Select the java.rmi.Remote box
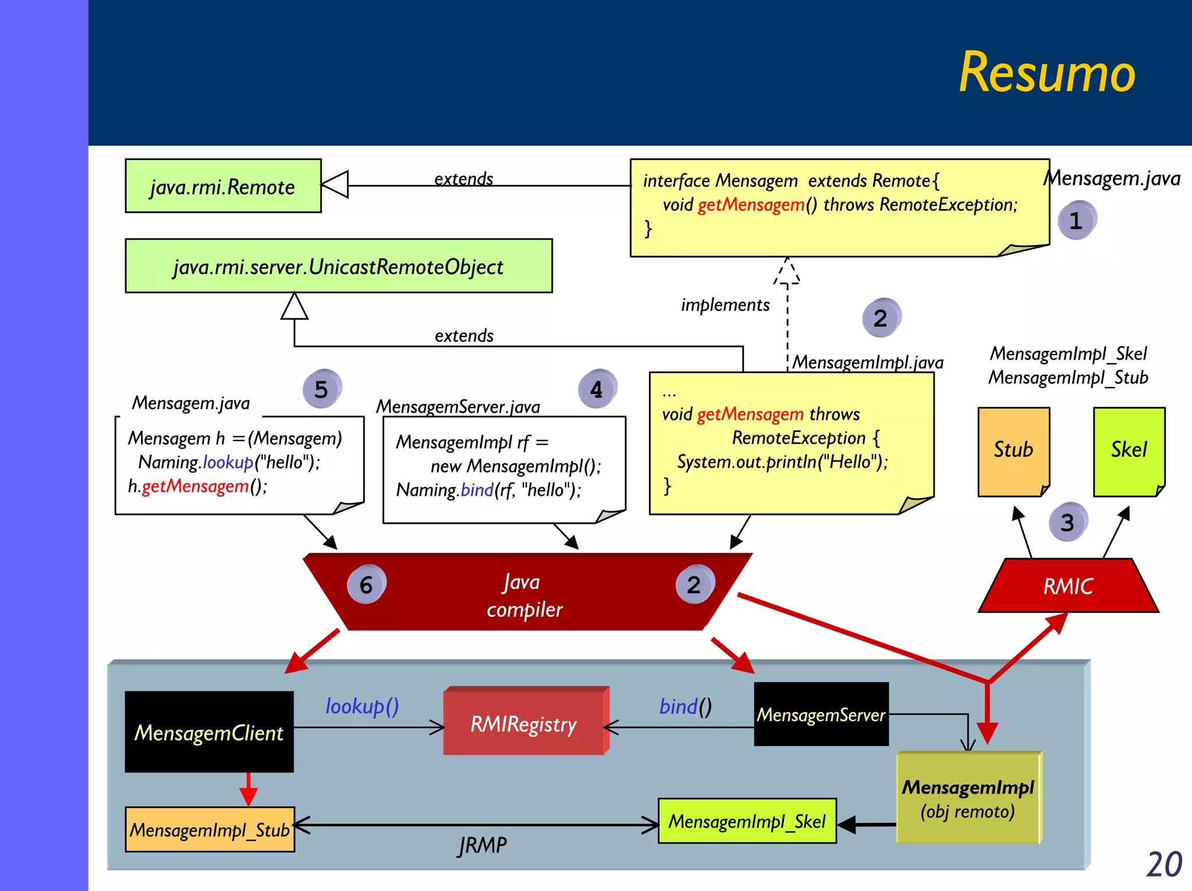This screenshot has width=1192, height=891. tap(223, 186)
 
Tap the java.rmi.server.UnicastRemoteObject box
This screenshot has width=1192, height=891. tap(338, 266)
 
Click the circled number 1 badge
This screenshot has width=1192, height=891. tap(1076, 220)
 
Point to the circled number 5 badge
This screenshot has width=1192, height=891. tap(321, 389)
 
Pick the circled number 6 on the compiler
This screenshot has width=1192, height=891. tap(366, 584)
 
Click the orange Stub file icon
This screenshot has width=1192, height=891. tap(1013, 451)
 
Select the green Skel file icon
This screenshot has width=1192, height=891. tap(1129, 451)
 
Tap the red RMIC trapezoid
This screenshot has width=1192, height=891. tap(1068, 586)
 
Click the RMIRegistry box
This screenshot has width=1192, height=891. tap(524, 723)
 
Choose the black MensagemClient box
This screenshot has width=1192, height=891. tap(209, 732)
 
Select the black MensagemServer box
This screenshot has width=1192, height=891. tap(821, 714)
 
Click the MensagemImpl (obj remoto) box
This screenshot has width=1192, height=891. tap(968, 798)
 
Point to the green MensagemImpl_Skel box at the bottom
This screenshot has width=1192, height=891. tap(747, 821)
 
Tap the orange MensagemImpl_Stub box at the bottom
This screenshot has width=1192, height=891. tap(210, 829)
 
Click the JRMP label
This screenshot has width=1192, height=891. tap(483, 844)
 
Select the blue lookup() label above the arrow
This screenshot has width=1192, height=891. tap(361, 706)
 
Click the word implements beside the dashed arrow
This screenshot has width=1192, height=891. tap(725, 304)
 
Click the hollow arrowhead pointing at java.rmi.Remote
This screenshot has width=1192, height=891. tap(336, 184)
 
